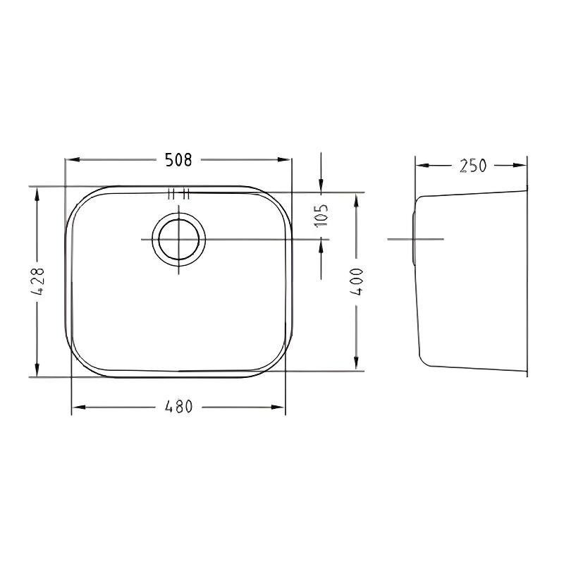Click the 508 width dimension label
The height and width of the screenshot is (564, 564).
(x=179, y=160)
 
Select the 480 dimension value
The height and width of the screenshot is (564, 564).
(x=179, y=407)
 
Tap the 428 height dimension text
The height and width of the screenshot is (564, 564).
(x=37, y=281)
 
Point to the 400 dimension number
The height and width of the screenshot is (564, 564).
(x=357, y=281)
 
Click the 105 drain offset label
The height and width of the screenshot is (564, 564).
(x=321, y=216)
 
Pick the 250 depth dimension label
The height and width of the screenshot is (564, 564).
(x=472, y=166)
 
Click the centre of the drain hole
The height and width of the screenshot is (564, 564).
(x=179, y=239)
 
